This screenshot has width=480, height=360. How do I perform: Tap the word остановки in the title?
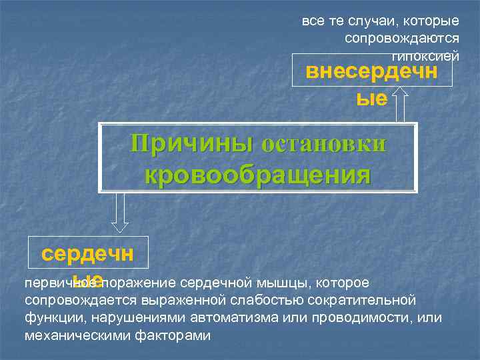[324, 144]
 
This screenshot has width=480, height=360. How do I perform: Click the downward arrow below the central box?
[121, 213]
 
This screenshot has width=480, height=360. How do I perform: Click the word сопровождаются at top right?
[402, 38]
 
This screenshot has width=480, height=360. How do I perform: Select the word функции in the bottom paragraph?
[51, 318]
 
